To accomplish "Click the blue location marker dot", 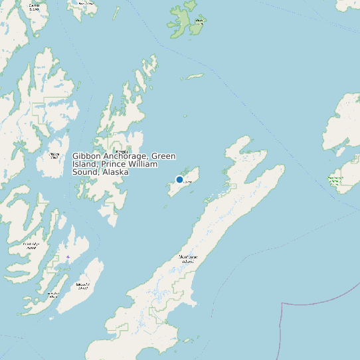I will pos(179,179).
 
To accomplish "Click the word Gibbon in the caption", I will pos(86,156).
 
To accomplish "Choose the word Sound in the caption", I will pos(85,172).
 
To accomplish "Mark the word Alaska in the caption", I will pos(115,172).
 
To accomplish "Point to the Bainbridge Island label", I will pos(31,245).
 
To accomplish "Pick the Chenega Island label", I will pos(54,155).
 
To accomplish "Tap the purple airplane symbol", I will pos(68,256).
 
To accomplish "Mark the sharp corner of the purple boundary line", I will pos(284,304).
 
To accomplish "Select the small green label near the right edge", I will pos(335,179).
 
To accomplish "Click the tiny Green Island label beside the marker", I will pos(188,181).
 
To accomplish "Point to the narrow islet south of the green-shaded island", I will pos(194,76).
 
